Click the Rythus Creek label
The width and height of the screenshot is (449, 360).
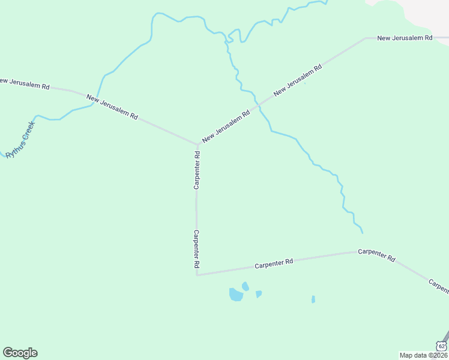(x=20, y=140)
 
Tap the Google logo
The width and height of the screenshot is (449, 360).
(x=20, y=353)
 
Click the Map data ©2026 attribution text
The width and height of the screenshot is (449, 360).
(x=424, y=355)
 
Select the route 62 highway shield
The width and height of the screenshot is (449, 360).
(x=441, y=346)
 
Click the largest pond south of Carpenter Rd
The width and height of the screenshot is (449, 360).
(x=236, y=295)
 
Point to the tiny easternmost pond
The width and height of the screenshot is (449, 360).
(x=313, y=299)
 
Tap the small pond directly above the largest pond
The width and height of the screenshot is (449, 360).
(x=245, y=286)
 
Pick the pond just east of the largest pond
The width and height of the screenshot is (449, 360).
(x=259, y=294)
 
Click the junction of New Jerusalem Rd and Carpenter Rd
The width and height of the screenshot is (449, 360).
(x=197, y=145)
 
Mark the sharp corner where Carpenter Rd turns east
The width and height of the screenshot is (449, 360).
(x=197, y=275)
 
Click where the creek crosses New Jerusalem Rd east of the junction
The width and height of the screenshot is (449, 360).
(x=259, y=105)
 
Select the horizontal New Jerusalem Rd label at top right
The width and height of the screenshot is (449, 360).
(x=405, y=38)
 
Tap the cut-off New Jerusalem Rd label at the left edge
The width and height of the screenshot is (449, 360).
(x=24, y=83)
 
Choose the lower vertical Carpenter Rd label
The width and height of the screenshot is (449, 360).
(x=196, y=248)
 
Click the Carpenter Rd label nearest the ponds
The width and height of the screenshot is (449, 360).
(x=273, y=263)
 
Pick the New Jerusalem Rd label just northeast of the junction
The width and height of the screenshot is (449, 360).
(x=226, y=126)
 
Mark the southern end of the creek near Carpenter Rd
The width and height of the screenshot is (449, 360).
(x=363, y=232)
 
